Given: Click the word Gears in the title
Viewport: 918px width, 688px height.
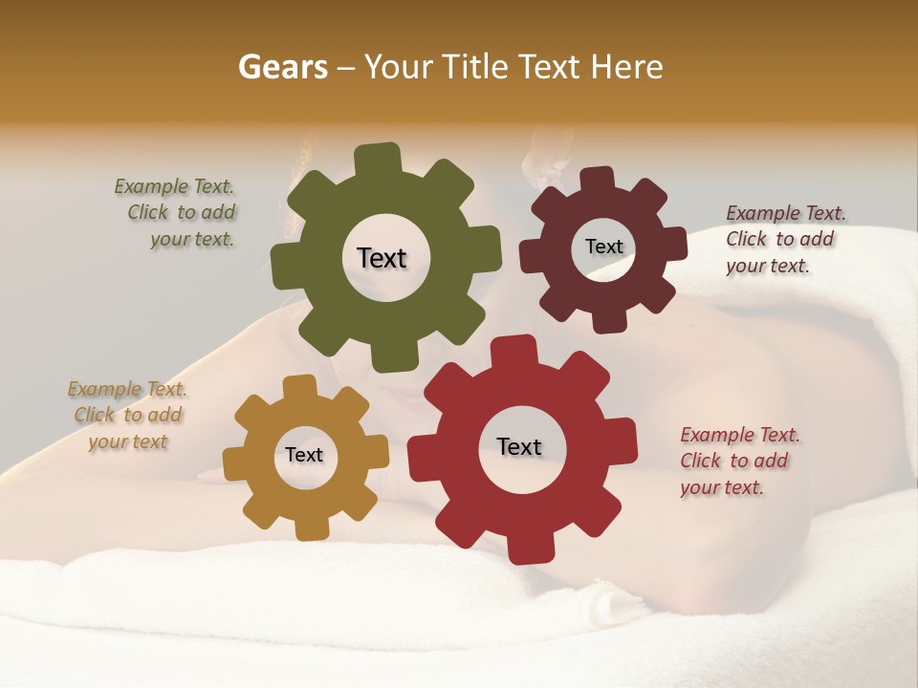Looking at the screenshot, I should click(283, 67).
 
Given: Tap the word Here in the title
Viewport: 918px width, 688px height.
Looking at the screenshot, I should click(626, 67).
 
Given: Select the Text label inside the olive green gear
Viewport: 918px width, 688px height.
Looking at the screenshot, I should click(382, 258).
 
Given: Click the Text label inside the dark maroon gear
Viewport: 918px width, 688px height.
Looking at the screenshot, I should click(603, 247).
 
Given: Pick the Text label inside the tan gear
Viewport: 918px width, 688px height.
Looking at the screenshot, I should click(304, 456).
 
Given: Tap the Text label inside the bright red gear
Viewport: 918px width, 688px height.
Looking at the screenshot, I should click(519, 447).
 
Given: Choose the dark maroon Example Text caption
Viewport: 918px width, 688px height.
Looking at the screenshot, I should click(784, 239).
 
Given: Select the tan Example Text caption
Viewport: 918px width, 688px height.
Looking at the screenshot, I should click(127, 415).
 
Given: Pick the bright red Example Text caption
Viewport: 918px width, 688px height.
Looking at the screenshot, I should click(739, 461).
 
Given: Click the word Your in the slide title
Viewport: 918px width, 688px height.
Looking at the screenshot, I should click(403, 67).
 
